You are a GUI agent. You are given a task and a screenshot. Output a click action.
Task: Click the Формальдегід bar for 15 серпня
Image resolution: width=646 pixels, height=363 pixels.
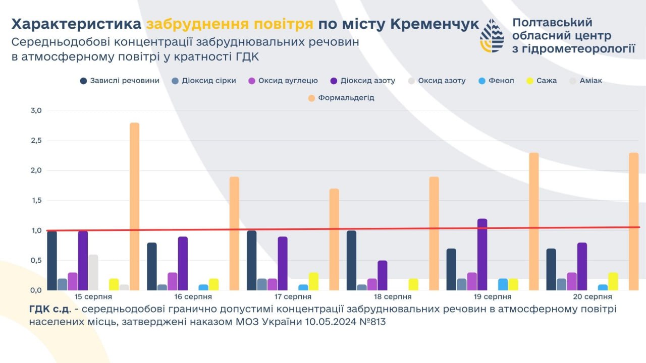coord(134,207)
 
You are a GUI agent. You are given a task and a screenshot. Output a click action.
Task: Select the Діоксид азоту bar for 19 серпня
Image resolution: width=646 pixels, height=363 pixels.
coord(482,255)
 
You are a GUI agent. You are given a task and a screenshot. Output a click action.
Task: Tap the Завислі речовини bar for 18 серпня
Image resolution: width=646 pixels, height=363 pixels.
coord(352,261)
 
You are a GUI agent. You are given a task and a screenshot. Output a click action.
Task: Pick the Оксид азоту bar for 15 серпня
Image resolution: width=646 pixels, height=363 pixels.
coord(93,272)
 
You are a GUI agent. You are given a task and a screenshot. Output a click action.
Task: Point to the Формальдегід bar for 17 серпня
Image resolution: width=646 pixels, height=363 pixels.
coord(334,239)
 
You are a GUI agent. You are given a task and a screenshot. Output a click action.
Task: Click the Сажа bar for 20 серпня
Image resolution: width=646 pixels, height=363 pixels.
coord(613,281)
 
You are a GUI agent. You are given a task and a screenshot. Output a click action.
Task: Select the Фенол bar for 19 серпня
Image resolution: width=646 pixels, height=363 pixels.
coord(503,284)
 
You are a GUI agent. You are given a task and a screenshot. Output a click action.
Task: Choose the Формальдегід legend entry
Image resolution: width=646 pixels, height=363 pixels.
coord(341,98)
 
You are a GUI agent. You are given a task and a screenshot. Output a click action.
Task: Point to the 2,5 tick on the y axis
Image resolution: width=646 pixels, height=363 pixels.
coord(35,141)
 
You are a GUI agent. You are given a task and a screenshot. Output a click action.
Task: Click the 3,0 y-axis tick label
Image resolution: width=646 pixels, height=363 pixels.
coord(35,110)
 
